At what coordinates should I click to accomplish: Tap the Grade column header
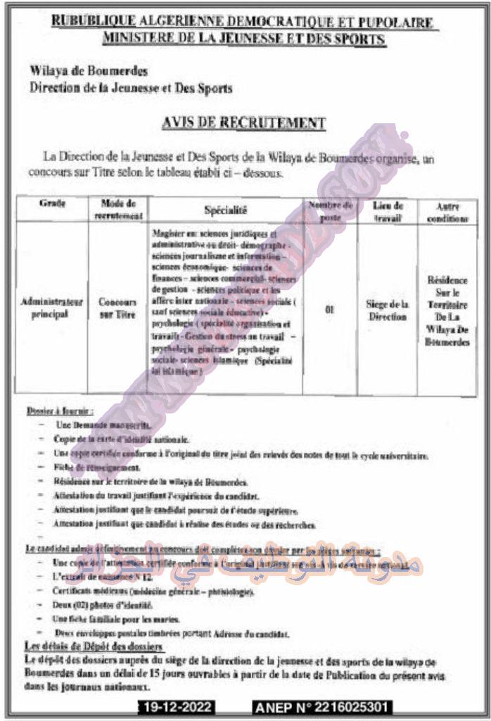[53, 204]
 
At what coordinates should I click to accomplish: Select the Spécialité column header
[226, 209]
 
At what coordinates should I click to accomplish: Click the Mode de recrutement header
[118, 209]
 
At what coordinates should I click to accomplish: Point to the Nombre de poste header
[329, 209]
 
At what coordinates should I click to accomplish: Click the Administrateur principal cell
[53, 308]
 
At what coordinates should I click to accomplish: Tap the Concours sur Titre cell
[117, 308]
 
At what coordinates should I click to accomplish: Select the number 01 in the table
[329, 308]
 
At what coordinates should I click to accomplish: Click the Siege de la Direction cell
[388, 311]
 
